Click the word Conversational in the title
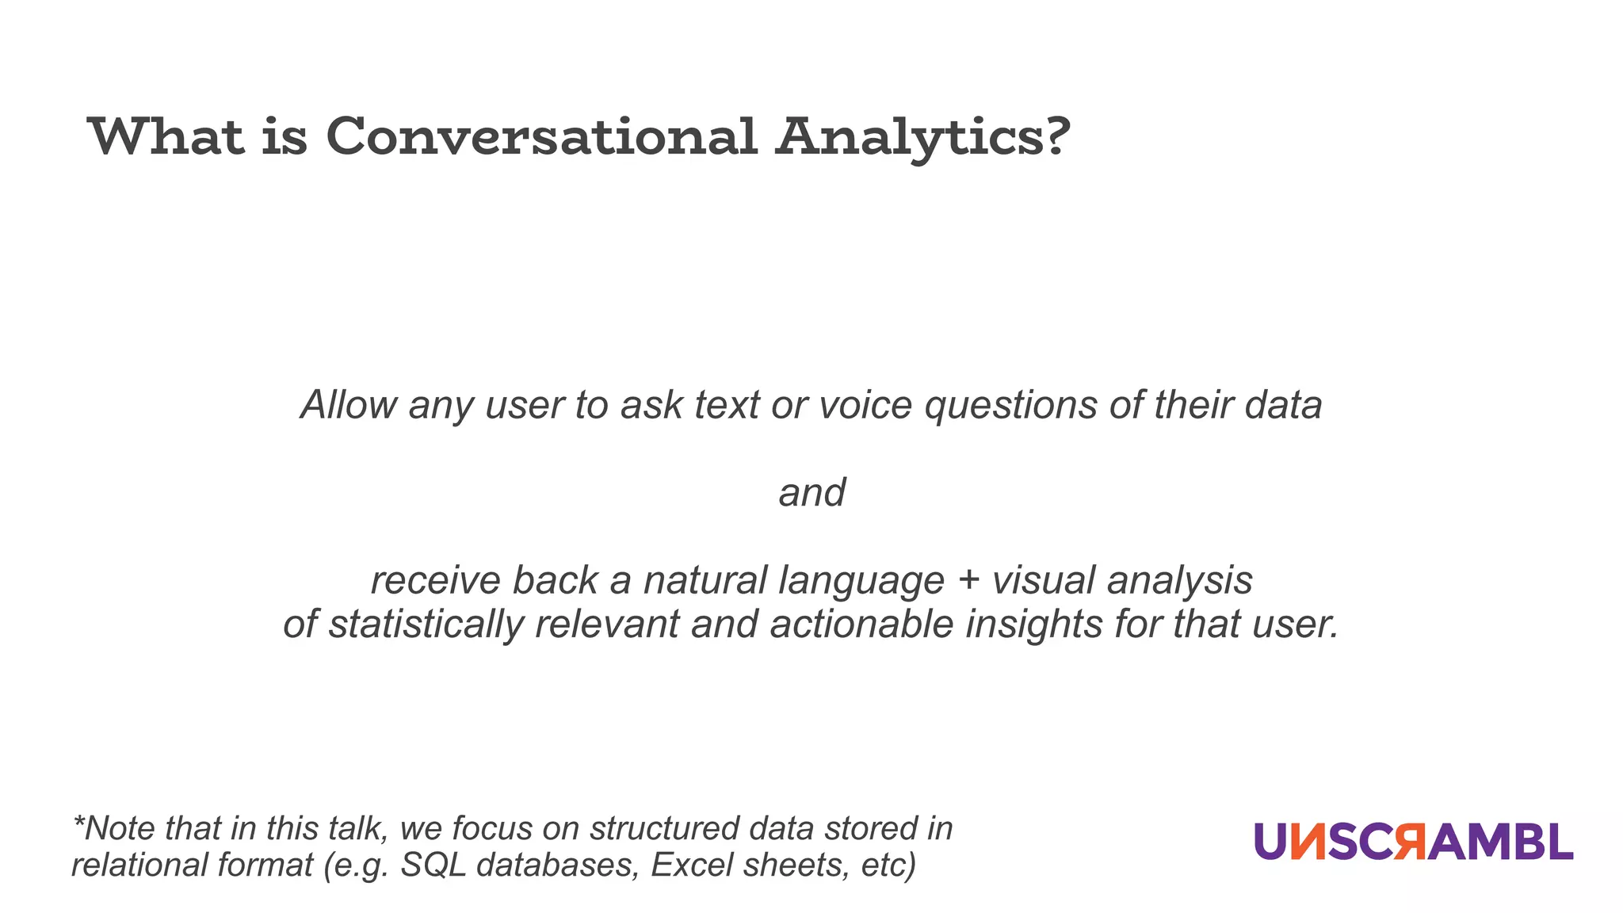tap(541, 136)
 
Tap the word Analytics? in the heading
tap(923, 138)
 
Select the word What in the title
tap(166, 136)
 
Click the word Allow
tap(348, 405)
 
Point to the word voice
tap(865, 405)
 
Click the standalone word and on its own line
tap(811, 492)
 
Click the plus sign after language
tap(968, 580)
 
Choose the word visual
tap(1043, 580)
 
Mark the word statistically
tap(426, 625)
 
